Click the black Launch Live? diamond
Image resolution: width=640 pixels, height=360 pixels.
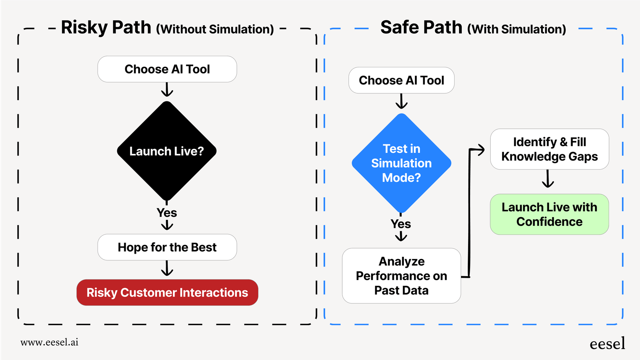click(x=167, y=151)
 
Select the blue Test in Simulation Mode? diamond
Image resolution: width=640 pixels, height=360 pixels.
click(x=401, y=163)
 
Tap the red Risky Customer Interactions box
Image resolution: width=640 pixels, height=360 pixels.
click(x=167, y=293)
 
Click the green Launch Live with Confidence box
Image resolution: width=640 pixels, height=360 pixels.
click(x=549, y=214)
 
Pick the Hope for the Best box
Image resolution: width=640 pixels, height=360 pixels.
click(x=167, y=247)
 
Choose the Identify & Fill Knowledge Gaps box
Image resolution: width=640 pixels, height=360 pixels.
click(x=549, y=149)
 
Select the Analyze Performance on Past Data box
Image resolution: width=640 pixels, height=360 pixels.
click(x=401, y=276)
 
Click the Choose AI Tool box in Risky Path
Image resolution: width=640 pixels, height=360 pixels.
click(x=167, y=69)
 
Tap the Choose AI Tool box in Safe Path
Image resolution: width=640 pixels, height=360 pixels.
click(x=401, y=80)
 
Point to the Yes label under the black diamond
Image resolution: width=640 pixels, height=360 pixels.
click(x=167, y=213)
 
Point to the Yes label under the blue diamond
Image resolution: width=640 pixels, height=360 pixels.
click(x=401, y=224)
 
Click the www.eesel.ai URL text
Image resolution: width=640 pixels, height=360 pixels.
click(x=50, y=342)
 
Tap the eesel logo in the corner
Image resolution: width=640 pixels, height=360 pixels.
click(x=607, y=344)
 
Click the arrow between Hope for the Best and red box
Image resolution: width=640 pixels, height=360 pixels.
click(x=167, y=269)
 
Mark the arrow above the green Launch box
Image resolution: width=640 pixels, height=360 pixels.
click(x=548, y=179)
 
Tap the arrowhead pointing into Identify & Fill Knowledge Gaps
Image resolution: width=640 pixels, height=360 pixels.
click(x=481, y=150)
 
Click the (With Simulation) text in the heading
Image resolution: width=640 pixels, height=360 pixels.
click(x=517, y=29)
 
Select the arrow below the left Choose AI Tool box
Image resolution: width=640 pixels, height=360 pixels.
click(x=167, y=90)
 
